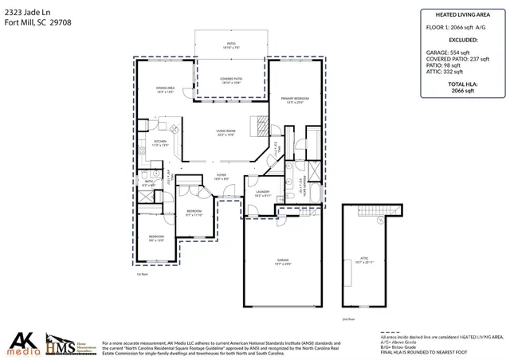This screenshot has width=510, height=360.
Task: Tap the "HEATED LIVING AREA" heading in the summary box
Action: point(462,14)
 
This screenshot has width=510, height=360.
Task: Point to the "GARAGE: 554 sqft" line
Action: point(449,51)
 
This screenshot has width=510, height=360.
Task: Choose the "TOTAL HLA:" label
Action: point(462,84)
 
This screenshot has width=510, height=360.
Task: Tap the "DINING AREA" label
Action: point(166,89)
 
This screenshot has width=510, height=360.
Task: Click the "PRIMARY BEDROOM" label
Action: point(295,99)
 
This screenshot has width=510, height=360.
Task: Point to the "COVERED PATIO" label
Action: point(231,79)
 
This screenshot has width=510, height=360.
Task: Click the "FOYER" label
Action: point(222,176)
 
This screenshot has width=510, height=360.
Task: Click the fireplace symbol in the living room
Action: point(259,125)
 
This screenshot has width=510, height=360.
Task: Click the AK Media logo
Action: point(23,341)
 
